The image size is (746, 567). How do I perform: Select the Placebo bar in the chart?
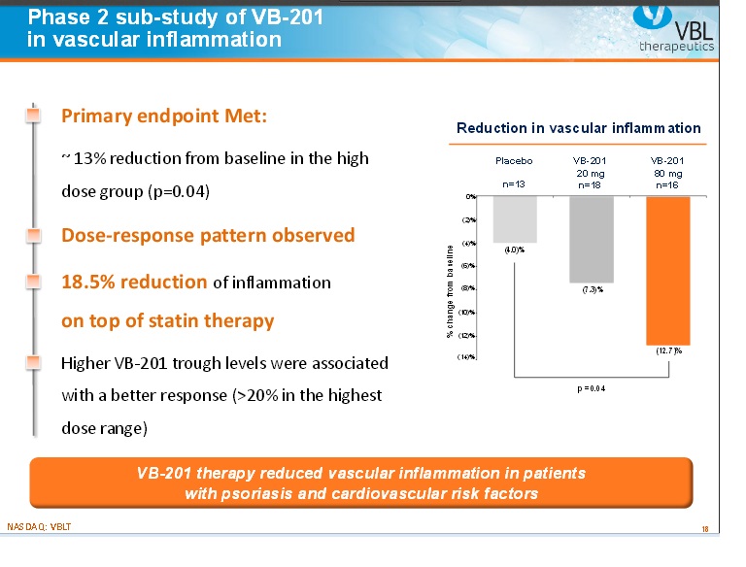pos(514,218)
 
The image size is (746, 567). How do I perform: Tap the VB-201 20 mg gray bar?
pos(591,239)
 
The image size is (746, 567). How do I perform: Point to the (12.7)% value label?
pos(669,351)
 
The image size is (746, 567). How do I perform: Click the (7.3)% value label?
pos(593,289)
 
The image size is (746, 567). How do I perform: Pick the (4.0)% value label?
pos(514,250)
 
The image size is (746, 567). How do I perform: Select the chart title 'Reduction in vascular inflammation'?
pos(578,128)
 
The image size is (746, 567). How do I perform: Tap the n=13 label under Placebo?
pos(513,183)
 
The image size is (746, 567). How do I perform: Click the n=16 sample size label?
pos(667,183)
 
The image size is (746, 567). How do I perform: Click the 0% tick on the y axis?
pos(470,196)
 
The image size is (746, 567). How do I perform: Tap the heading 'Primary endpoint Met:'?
pos(163,116)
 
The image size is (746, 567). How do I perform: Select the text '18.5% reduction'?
pos(134,283)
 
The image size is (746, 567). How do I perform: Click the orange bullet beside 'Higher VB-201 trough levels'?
pos(34,363)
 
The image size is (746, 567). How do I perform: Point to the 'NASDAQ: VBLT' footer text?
pos(39,526)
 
